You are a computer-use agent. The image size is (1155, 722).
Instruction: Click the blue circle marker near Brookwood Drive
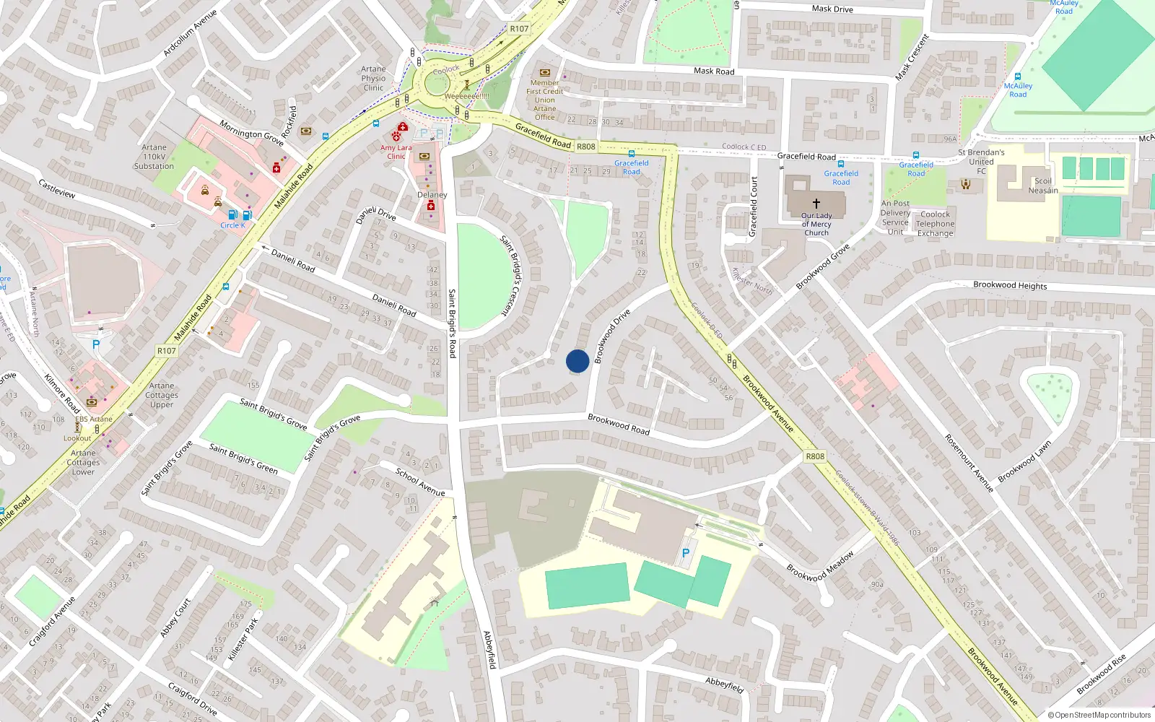point(577,361)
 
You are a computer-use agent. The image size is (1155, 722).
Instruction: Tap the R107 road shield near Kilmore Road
point(167,351)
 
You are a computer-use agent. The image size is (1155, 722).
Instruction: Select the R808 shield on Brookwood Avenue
point(815,456)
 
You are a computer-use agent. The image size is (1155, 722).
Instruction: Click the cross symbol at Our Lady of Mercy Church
point(816,204)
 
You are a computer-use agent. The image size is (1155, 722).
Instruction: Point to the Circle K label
point(232,225)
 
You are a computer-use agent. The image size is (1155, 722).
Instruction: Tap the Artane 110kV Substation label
point(154,157)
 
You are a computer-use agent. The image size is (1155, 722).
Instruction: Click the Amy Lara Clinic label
point(396,152)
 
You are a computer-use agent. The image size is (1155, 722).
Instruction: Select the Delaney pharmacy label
point(432,195)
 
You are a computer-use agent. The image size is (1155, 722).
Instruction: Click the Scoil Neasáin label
point(1043,186)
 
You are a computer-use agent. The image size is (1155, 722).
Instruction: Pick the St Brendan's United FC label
point(981,162)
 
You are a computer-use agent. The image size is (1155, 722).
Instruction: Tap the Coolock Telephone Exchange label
point(936,224)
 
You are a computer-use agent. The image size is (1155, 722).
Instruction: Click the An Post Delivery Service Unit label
point(895,217)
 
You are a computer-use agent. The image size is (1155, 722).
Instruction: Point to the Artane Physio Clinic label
point(373,79)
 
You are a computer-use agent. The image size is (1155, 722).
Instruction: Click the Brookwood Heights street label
point(1010,285)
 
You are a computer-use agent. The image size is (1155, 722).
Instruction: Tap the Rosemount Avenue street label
point(969,463)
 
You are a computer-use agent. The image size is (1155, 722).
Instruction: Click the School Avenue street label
point(420,482)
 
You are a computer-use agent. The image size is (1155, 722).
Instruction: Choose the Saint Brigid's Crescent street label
point(514,275)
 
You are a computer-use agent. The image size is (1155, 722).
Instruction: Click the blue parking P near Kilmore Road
point(96,345)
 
